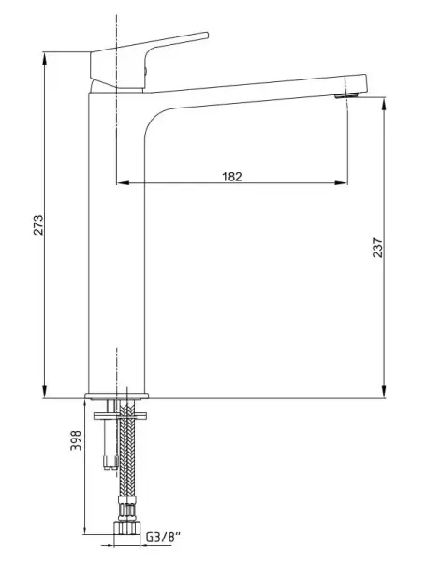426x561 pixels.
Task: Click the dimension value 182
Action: [x=233, y=175]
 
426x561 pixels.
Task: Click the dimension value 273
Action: [x=38, y=224]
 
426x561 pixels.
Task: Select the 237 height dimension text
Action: [x=377, y=246]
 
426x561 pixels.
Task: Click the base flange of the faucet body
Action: [x=117, y=394]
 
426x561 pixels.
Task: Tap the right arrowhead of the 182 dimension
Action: [x=345, y=182]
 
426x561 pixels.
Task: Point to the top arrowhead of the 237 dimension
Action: [x=385, y=98]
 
